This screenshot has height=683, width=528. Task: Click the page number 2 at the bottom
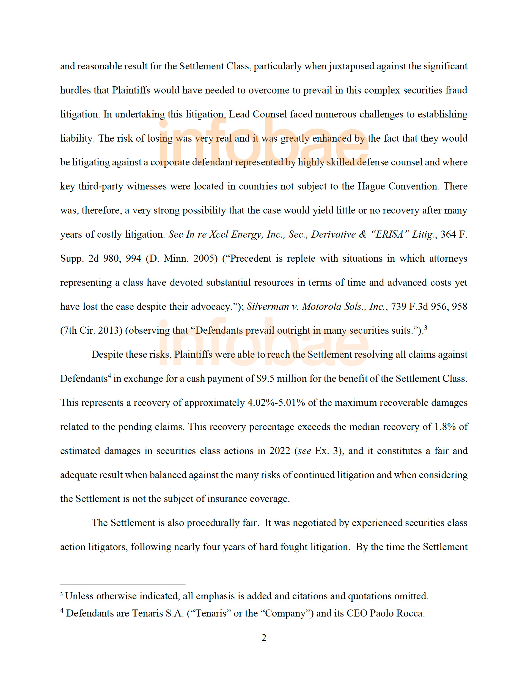263,638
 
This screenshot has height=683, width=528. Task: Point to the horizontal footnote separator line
123,585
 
